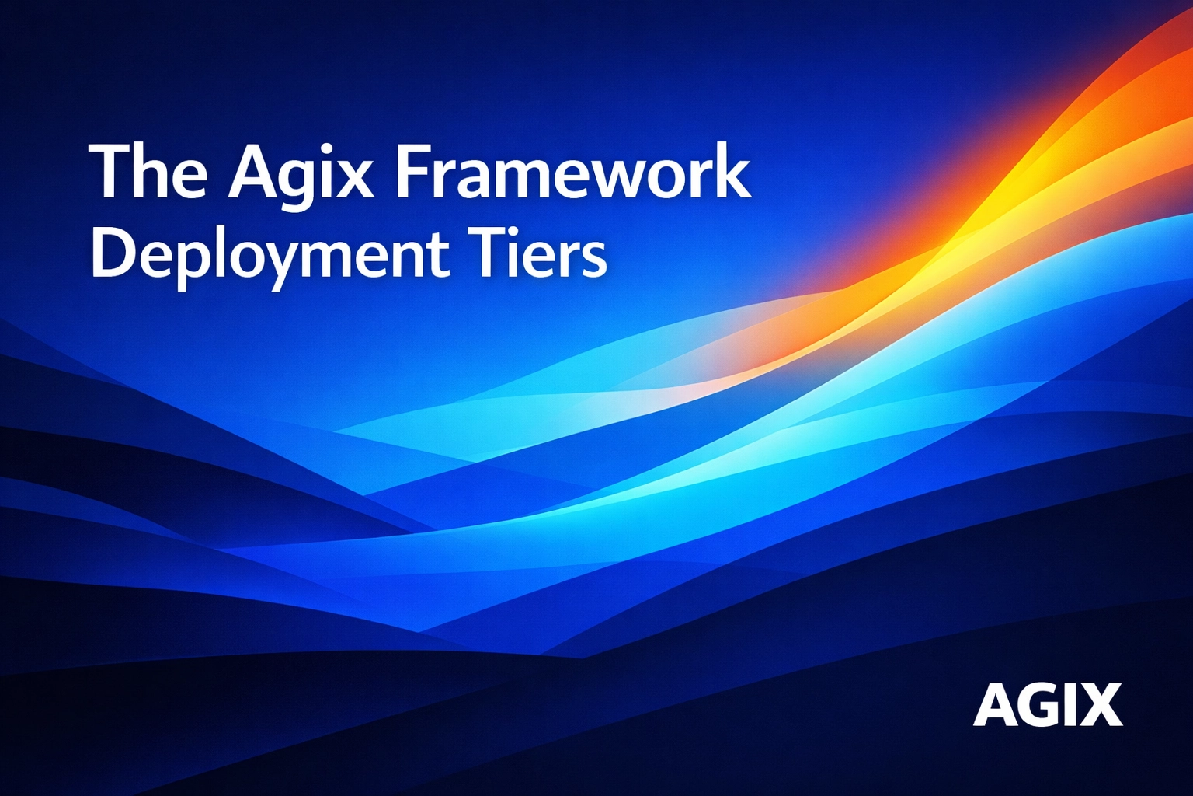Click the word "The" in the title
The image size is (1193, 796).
click(x=148, y=173)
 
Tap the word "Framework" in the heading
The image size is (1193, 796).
click(x=573, y=173)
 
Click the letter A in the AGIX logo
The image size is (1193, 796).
click(x=993, y=705)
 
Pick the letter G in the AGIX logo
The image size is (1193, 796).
click(x=1037, y=705)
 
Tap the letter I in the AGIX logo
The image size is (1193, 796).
click(x=1070, y=705)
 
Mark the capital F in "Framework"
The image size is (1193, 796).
click(x=412, y=173)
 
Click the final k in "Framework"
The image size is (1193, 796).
click(x=732, y=173)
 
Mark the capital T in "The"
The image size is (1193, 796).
click(x=108, y=173)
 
